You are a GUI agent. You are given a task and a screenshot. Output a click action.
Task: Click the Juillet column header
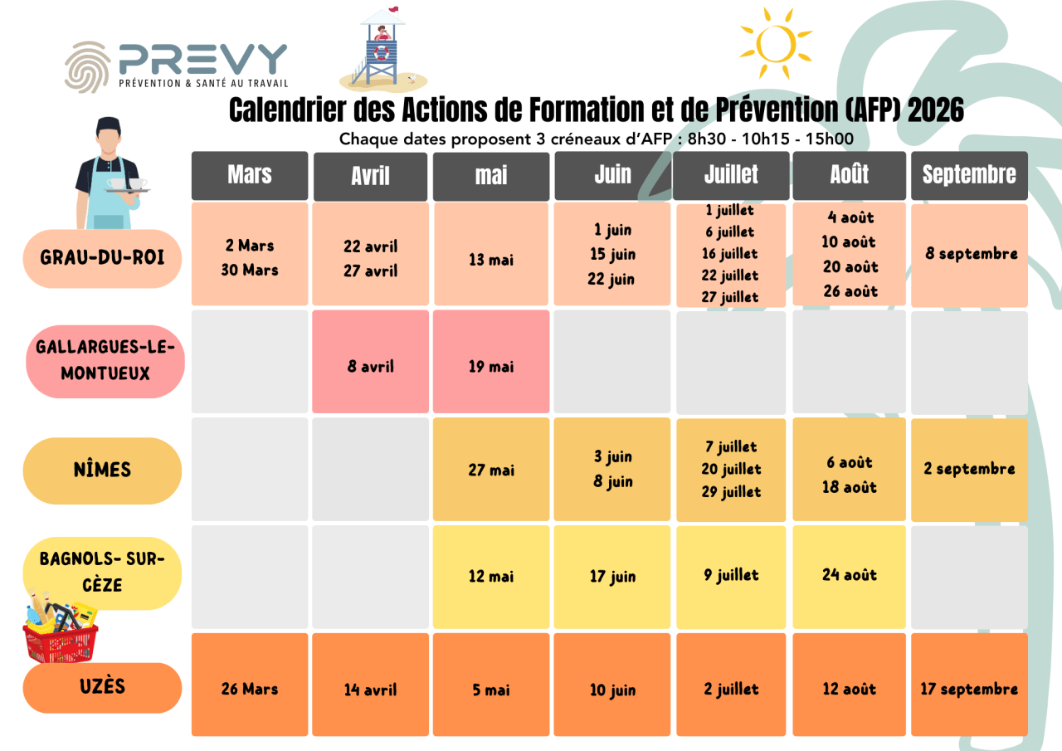tap(731, 175)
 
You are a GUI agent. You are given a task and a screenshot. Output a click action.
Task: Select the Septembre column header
tap(969, 175)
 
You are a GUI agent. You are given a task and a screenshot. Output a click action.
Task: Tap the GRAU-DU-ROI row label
tap(102, 258)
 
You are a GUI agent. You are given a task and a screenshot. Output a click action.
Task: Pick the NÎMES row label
tap(102, 470)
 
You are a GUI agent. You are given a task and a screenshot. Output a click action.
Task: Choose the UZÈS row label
tap(102, 687)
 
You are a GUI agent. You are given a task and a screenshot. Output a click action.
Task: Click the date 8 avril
tap(371, 366)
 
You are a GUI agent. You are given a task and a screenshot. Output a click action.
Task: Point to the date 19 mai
tap(491, 366)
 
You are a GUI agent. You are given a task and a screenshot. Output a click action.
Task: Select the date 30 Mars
tap(250, 270)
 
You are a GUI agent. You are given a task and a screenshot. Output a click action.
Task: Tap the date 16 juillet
tap(730, 254)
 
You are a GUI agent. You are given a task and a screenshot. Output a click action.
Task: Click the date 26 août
tap(850, 291)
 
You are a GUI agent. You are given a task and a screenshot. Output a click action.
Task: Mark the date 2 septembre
tap(969, 469)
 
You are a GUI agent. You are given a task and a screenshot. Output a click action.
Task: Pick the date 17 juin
tap(612, 576)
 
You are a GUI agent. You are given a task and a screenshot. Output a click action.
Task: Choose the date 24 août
tap(850, 575)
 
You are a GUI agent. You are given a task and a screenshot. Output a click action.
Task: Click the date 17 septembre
tap(969, 689)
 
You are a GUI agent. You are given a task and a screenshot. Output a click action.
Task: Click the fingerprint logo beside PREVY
tap(88, 66)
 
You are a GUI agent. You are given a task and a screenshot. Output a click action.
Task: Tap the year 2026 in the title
tap(936, 111)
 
